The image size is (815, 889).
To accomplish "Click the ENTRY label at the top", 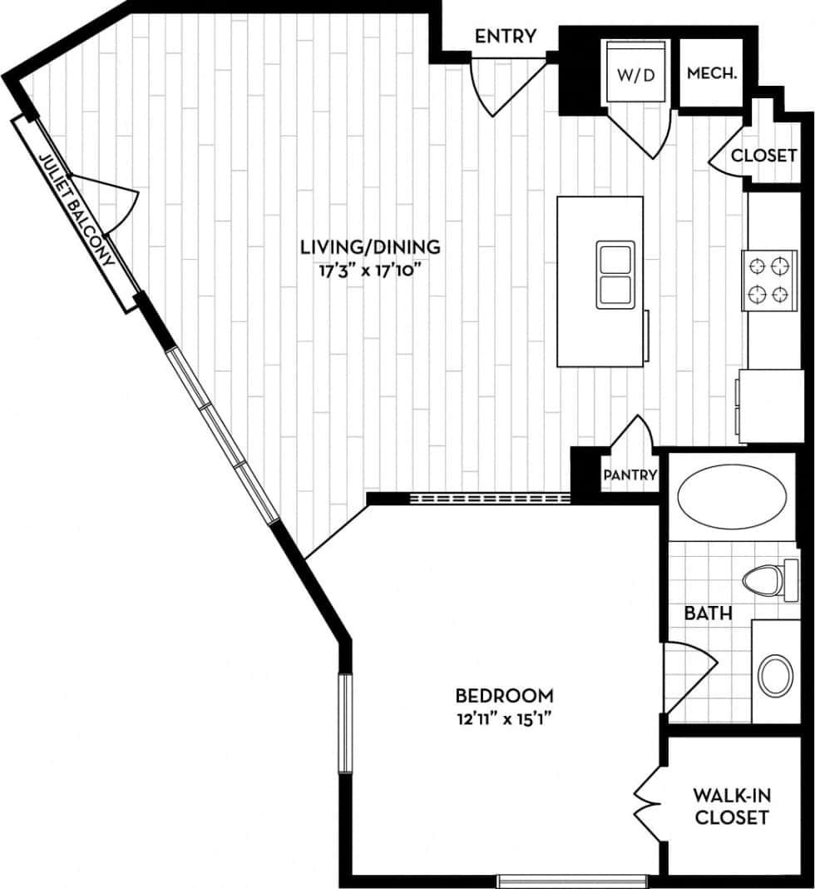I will click(x=505, y=36).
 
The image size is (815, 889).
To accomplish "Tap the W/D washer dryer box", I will click(x=636, y=74).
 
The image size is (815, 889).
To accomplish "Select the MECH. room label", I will click(x=712, y=73).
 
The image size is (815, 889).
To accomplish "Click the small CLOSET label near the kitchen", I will click(x=763, y=156).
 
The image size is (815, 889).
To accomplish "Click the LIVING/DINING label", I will click(x=369, y=246).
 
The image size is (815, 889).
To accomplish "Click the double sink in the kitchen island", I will click(x=615, y=275).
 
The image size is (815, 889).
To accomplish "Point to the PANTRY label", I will click(x=630, y=475).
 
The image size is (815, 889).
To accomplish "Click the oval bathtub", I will click(x=730, y=497).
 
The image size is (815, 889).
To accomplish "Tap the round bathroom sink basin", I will click(x=777, y=674).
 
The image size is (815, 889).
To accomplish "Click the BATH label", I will click(x=708, y=613).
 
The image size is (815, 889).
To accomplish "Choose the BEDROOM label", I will click(x=504, y=695).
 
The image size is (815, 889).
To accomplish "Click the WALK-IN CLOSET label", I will click(x=731, y=807).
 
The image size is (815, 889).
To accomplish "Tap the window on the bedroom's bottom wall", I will click(x=572, y=880).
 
